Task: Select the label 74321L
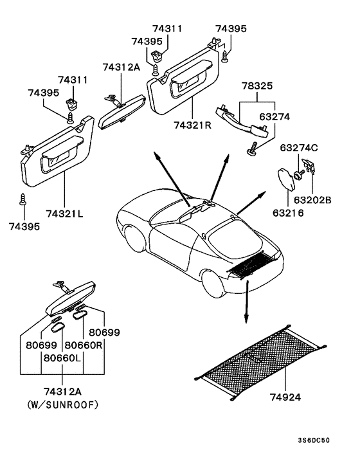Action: coord(64,213)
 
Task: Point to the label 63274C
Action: coord(298,149)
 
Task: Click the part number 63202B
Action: coord(312,200)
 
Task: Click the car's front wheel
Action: coord(135,240)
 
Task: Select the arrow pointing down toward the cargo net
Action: coord(246,302)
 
